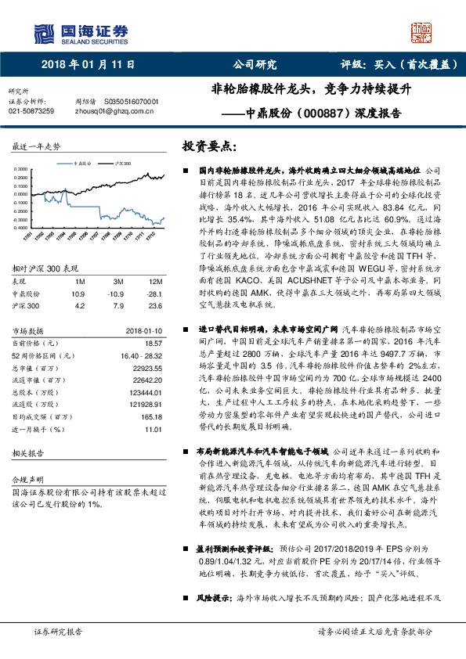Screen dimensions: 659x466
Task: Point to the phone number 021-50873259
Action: (x=31, y=112)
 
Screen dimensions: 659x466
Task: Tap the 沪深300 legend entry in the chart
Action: (x=122, y=164)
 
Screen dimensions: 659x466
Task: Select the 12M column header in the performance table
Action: (x=155, y=280)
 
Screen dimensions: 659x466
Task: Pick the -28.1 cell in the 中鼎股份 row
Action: (x=154, y=292)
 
